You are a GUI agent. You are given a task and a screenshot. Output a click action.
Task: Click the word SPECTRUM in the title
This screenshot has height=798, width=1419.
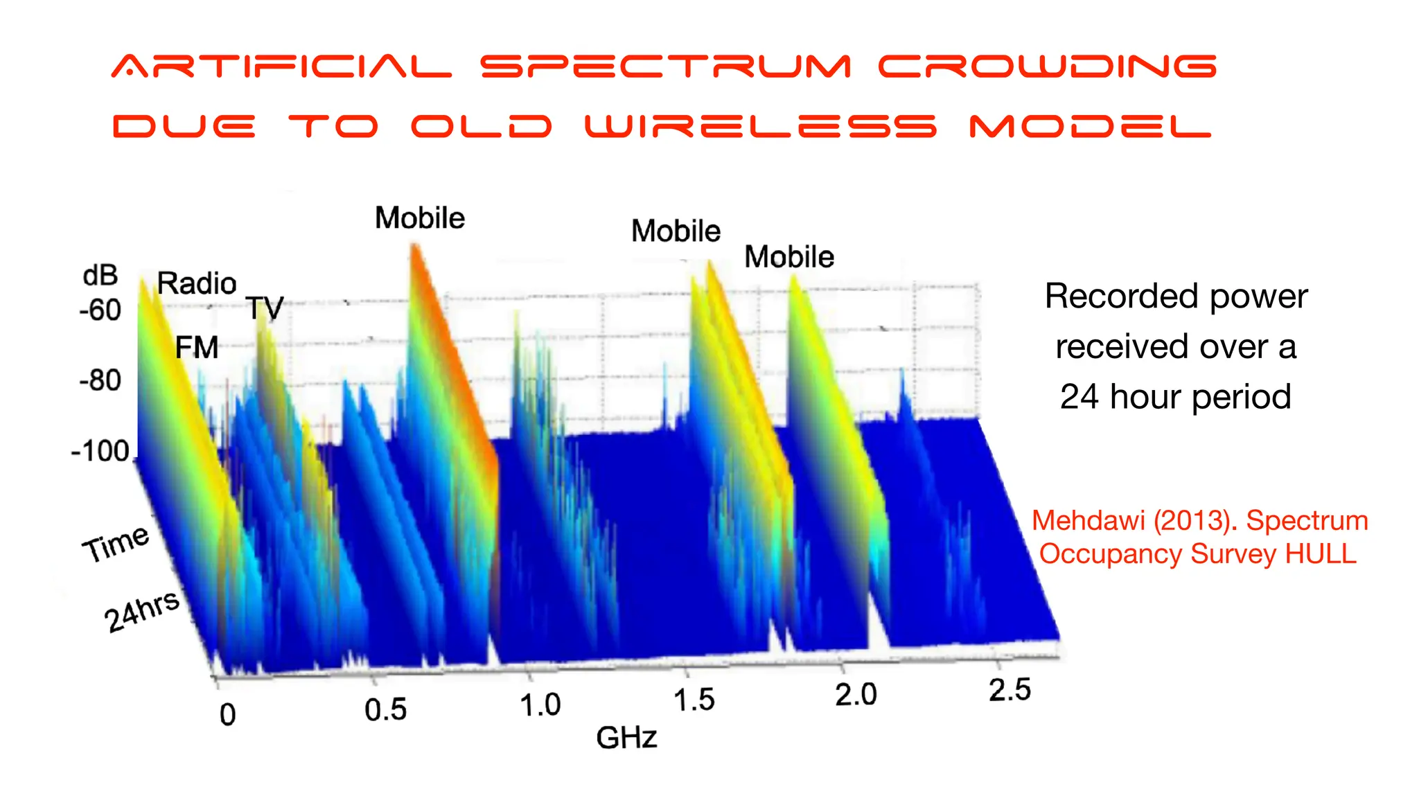tap(665, 67)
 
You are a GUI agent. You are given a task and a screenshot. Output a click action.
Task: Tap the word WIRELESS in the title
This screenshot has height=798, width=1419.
tap(761, 127)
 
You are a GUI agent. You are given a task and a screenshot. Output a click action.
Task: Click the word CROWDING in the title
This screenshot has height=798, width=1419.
tap(1048, 67)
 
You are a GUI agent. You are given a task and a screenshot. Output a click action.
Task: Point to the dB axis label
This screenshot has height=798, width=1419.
tap(100, 276)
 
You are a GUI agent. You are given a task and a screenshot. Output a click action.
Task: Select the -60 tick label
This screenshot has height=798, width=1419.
tap(100, 310)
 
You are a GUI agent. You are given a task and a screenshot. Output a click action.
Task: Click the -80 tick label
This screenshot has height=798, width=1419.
tap(100, 381)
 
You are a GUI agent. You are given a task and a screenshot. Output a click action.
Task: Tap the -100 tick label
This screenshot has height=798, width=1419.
tap(100, 452)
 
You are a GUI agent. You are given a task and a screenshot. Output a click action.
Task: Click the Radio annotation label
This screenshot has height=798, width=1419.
tap(197, 283)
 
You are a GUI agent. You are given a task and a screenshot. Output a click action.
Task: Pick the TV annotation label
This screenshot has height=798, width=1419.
tap(265, 308)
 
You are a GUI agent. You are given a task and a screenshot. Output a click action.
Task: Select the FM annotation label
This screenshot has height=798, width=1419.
tap(197, 348)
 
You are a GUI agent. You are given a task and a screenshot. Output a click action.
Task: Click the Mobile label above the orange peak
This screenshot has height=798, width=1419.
tap(420, 218)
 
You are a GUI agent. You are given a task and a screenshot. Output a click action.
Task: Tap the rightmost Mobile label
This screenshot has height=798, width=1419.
tap(789, 257)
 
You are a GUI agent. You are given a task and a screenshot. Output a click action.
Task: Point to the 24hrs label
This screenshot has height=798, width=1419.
tap(142, 611)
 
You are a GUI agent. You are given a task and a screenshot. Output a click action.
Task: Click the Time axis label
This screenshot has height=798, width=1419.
tap(116, 544)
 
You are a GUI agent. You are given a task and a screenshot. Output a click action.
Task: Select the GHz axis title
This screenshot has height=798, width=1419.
tap(626, 738)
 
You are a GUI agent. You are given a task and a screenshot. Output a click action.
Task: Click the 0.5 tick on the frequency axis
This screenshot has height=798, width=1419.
tap(385, 710)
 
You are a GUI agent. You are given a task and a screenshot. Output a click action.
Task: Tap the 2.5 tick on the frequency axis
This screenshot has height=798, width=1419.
tap(1010, 691)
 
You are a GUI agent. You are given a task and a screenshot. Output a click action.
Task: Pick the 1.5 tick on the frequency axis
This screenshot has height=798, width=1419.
tap(694, 700)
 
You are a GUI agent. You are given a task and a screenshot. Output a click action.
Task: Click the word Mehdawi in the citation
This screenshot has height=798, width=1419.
tap(1088, 521)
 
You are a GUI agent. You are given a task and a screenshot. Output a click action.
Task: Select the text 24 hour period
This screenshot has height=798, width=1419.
tap(1176, 397)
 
